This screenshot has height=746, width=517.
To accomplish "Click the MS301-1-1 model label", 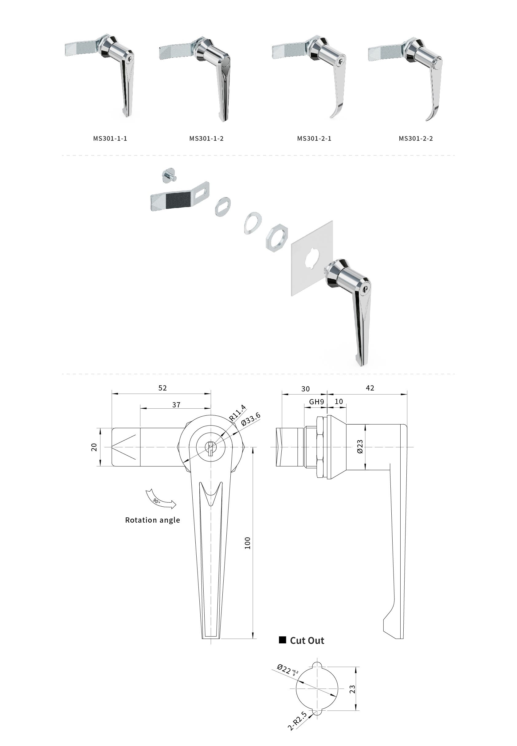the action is (x=110, y=139).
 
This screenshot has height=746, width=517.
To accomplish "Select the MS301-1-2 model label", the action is (x=206, y=139).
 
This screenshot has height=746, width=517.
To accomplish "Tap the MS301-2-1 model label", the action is (x=314, y=139).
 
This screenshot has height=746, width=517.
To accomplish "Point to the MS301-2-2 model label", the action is (x=416, y=139).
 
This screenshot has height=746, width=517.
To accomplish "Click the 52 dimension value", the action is (x=163, y=388).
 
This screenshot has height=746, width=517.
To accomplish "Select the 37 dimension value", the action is (x=176, y=405).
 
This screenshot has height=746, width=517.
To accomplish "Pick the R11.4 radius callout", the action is (x=237, y=413).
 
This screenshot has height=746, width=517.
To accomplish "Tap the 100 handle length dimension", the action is (x=248, y=543).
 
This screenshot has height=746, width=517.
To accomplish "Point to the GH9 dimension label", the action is (x=316, y=402).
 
